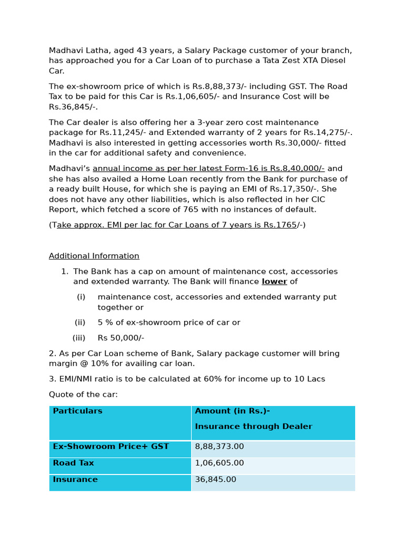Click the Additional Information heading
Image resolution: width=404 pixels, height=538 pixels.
coord(94,256)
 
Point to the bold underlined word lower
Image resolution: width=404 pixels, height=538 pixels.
coord(274,282)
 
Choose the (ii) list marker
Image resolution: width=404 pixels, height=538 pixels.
coord(80,323)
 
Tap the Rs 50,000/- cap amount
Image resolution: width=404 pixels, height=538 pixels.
coord(120,338)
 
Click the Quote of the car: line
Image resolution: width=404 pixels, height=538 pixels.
coord(83,395)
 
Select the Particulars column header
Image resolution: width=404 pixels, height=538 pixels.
coord(77,411)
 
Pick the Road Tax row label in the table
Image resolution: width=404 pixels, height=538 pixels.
coord(73,463)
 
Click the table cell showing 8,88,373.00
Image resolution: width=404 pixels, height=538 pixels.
coord(219,447)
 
